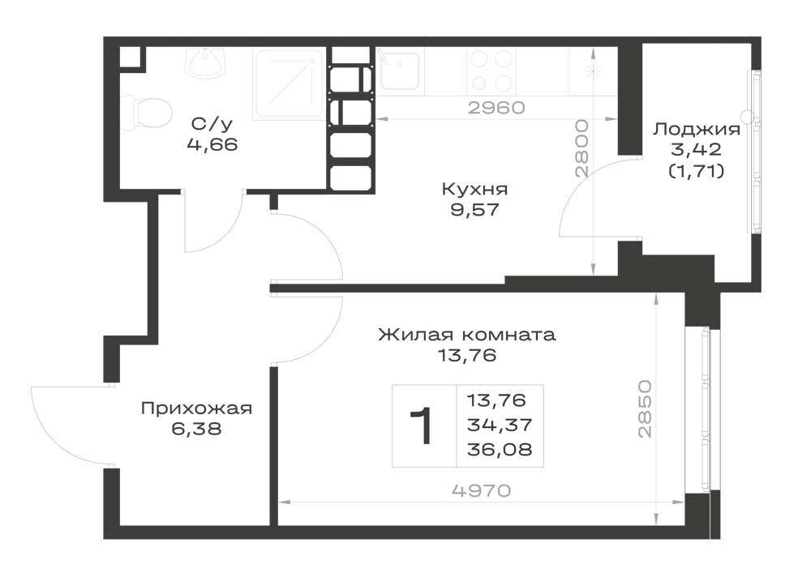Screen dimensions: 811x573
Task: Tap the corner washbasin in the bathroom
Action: pos(206,63)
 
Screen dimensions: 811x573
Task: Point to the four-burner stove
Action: pos(491,72)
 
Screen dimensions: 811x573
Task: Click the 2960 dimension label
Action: pos(496,108)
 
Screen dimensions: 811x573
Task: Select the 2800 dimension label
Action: pos(583,149)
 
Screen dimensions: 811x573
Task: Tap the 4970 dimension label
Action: pos(482,490)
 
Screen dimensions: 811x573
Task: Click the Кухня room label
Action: pos(474,189)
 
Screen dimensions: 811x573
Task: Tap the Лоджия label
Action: pos(696,129)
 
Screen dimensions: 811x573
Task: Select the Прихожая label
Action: pos(196,408)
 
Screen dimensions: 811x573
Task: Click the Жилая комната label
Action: pos(467,335)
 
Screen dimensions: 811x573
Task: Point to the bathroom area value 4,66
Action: pos(212,145)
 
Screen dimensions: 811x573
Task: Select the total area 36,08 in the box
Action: pos(500,450)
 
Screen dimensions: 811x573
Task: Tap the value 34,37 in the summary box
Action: pos(500,425)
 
